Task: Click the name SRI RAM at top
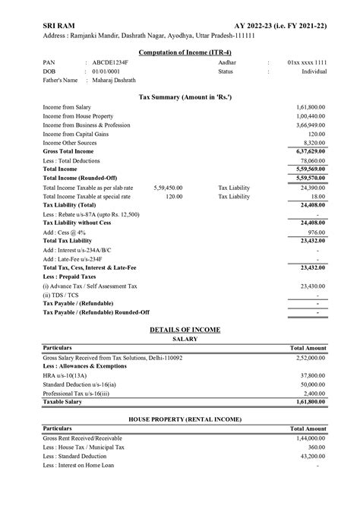(x=58, y=25)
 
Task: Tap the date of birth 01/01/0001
(x=106, y=72)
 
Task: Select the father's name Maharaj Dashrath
(x=115, y=80)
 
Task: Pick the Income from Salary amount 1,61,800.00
(x=311, y=108)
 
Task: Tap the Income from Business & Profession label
(x=87, y=125)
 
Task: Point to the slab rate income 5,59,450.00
(x=168, y=187)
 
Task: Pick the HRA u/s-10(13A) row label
(x=66, y=375)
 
